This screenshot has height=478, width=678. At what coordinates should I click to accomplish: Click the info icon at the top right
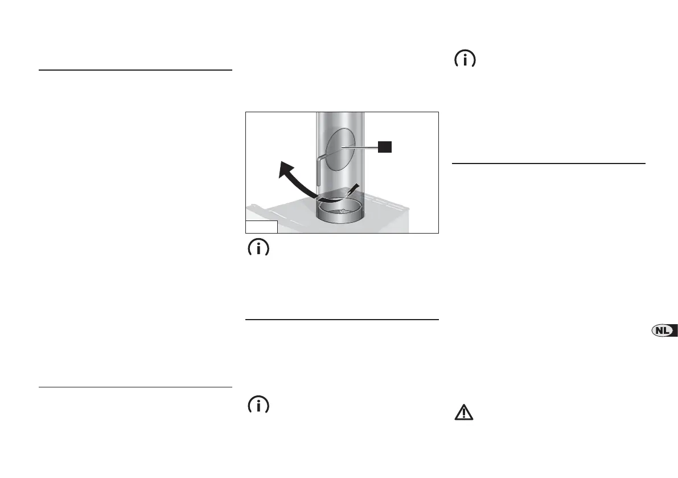point(465,60)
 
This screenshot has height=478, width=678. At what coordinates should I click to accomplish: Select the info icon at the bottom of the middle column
point(258,406)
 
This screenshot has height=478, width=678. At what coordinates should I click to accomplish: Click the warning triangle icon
point(465,412)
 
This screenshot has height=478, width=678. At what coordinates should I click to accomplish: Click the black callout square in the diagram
point(385,147)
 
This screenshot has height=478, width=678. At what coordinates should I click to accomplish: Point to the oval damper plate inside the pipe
point(341,149)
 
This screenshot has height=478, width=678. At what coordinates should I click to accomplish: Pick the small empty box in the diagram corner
point(261,227)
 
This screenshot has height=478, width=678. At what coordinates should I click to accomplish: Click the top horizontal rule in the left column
point(135,70)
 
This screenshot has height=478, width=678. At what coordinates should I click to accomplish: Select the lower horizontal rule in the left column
point(135,387)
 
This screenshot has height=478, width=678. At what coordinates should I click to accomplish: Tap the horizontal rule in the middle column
point(342,320)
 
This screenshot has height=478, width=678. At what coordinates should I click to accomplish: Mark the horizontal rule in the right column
point(548,164)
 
